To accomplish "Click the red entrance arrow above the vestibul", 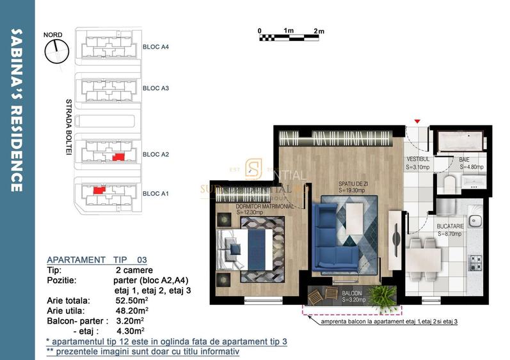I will (x=417, y=121).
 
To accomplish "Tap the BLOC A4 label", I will (x=155, y=47).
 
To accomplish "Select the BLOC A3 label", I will (x=155, y=88).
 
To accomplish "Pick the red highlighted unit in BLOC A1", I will (x=98, y=190).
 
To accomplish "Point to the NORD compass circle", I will (x=56, y=50).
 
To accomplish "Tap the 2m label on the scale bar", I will (x=319, y=31).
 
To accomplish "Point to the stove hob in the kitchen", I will (x=475, y=262).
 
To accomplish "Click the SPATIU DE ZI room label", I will (x=353, y=186).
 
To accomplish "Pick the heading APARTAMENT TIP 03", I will (x=97, y=260).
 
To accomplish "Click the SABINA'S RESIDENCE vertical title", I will (x=18, y=109).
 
